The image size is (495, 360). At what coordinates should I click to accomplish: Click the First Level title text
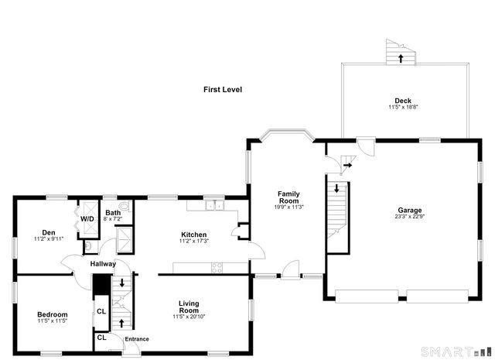tap(223, 90)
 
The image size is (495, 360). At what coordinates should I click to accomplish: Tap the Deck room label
tap(403, 101)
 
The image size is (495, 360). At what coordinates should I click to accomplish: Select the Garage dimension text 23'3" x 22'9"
tap(409, 217)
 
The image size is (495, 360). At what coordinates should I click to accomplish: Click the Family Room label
tap(288, 197)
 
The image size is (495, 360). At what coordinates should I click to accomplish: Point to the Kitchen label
tap(194, 235)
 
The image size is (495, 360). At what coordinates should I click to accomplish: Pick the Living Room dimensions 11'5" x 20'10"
tap(189, 317)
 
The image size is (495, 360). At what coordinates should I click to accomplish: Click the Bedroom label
tap(53, 314)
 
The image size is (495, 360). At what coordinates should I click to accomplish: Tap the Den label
tap(49, 232)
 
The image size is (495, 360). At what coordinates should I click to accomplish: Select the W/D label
tap(87, 219)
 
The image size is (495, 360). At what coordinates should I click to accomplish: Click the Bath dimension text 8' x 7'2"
tap(113, 219)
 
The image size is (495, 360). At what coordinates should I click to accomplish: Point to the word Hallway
tap(103, 264)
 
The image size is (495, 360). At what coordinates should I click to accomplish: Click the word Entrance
tap(137, 339)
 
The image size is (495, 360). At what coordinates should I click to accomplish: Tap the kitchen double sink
tap(214, 205)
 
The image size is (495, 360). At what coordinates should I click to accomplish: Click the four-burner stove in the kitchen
tap(217, 267)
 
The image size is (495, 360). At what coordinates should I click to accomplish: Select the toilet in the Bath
tap(125, 206)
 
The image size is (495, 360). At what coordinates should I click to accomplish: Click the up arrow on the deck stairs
tap(401, 59)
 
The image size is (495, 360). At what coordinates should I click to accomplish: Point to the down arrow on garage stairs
tap(336, 188)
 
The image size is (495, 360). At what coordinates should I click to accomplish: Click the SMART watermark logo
tap(456, 351)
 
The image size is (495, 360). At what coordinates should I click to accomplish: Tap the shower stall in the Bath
tap(125, 239)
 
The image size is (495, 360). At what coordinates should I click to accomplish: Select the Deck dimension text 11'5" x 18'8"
tap(403, 107)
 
